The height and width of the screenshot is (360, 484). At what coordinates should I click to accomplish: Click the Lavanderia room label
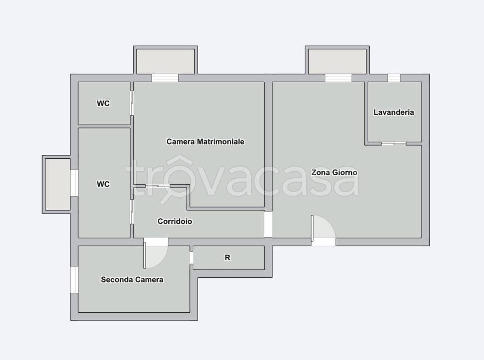394,112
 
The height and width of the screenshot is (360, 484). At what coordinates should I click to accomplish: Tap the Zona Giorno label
334,172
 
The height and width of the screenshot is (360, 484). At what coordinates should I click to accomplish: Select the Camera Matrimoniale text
205,142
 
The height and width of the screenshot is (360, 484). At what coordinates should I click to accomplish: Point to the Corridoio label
175,221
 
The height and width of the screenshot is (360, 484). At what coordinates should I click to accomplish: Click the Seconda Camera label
132,280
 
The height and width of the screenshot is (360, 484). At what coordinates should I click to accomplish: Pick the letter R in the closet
227,257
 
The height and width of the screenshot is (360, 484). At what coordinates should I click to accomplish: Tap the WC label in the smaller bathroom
103,103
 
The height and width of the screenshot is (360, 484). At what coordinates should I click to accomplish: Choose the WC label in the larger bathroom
103,184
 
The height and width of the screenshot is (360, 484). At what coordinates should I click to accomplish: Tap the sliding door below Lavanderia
394,143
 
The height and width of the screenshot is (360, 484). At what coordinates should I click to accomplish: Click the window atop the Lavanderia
394,78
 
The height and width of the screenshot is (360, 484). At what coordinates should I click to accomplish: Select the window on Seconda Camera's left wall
74,280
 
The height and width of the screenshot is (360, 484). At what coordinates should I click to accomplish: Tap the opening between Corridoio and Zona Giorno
268,224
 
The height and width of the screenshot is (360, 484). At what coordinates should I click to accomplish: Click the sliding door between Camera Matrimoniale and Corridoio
157,186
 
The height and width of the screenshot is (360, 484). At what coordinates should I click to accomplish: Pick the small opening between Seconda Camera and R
191,258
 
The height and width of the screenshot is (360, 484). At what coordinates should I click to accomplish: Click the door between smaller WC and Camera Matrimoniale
132,103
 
